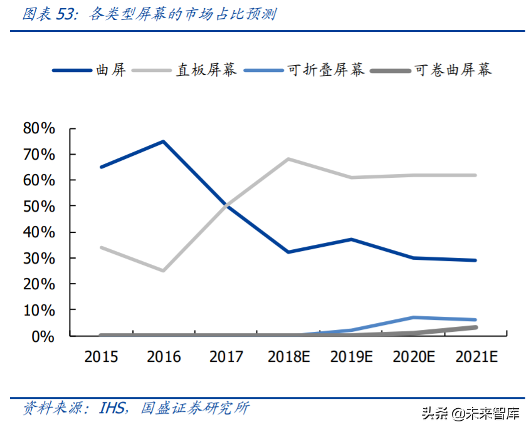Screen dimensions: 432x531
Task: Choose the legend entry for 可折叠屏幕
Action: pyautogui.click(x=325, y=69)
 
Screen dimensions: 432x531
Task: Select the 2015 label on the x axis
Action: pyautogui.click(x=102, y=357)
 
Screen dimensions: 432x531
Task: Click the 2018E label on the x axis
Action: pyautogui.click(x=288, y=357)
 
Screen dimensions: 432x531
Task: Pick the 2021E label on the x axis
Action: pyautogui.click(x=476, y=357)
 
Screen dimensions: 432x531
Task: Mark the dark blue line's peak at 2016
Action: pyautogui.click(x=164, y=141)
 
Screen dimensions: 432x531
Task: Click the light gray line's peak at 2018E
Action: pyautogui.click(x=288, y=159)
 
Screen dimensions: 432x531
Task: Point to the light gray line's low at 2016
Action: pyautogui.click(x=164, y=270)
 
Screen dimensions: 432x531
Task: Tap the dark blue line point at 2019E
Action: pyautogui.click(x=351, y=239)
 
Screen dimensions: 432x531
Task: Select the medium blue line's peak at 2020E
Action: pyautogui.click(x=413, y=317)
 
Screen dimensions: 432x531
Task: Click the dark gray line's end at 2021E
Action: pyautogui.click(x=475, y=327)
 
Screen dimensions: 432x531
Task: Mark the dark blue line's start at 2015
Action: pyautogui.click(x=102, y=167)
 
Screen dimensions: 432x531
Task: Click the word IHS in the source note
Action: pyautogui.click(x=113, y=408)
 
